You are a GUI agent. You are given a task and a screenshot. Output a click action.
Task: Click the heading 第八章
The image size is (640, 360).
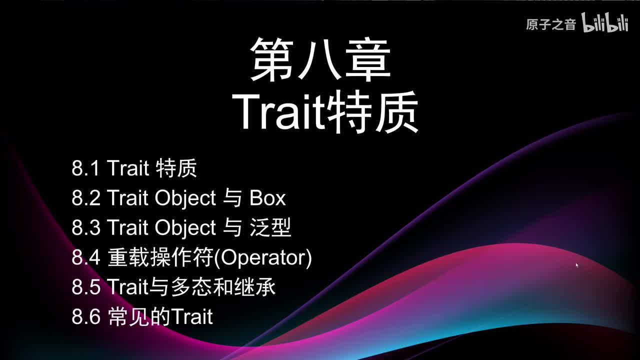(x=320, y=59)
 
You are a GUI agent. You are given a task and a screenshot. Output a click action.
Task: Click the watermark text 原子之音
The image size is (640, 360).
(x=551, y=24)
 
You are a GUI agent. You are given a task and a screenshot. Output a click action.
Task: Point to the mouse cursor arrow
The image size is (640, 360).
(x=576, y=265)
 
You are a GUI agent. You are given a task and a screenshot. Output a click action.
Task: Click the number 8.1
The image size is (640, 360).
(x=85, y=168)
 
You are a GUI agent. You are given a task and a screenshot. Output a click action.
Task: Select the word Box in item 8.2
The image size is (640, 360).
(x=267, y=198)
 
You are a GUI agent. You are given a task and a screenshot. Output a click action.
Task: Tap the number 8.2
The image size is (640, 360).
(x=85, y=198)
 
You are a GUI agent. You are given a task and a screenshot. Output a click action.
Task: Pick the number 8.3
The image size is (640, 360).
(x=85, y=228)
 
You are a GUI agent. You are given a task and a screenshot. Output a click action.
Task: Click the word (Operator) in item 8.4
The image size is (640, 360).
(x=266, y=258)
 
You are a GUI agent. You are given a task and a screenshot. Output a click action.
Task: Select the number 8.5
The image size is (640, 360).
(x=85, y=287)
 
